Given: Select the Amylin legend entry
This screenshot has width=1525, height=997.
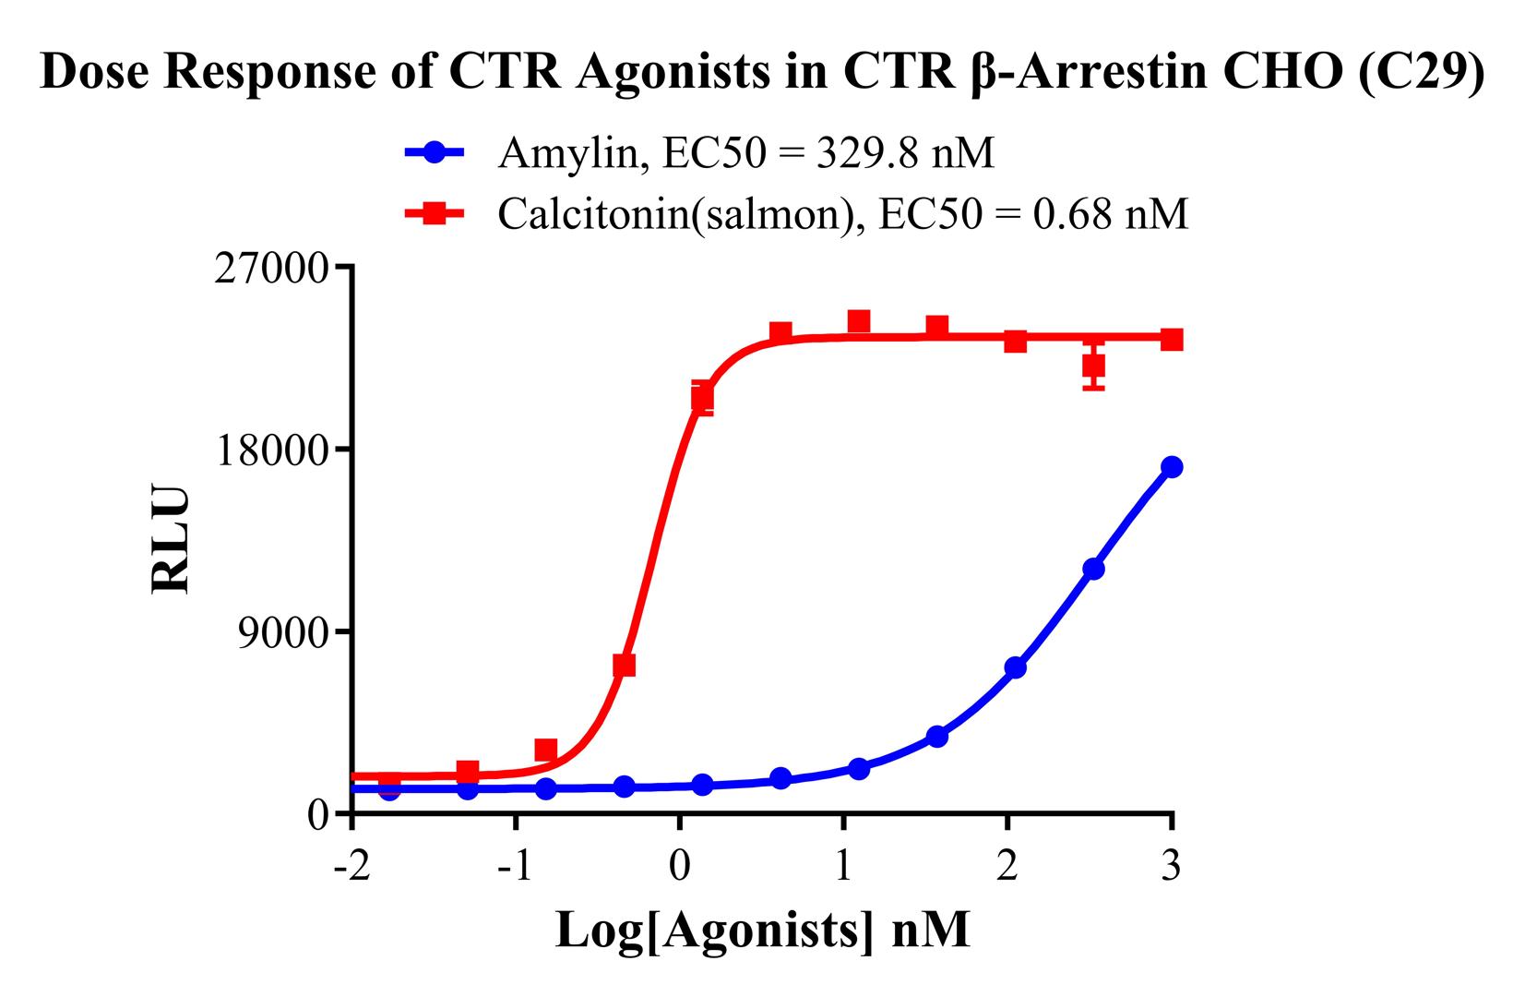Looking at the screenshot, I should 701,153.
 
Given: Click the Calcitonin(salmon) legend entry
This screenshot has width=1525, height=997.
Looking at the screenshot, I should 797,214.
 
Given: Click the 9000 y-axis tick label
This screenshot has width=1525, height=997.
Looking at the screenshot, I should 290,631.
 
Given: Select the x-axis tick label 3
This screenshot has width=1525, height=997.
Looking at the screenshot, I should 1172,868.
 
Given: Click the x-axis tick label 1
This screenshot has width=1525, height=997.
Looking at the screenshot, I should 843,868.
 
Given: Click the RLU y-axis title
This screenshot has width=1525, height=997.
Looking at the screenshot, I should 172,539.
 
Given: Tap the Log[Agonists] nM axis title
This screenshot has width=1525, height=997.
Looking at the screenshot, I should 762,931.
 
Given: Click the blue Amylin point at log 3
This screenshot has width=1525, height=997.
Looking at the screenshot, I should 1172,467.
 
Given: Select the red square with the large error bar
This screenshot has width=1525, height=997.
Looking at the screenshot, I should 1094,366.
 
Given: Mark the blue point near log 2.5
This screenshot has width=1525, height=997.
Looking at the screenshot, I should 1094,569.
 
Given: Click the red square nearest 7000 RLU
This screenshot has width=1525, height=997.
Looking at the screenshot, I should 624,666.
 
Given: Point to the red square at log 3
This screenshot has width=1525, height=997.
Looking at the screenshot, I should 1172,340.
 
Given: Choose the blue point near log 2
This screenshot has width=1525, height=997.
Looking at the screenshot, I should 1015,667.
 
